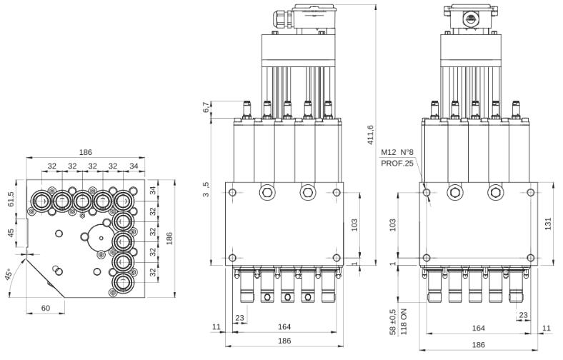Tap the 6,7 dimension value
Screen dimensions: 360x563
(207, 108)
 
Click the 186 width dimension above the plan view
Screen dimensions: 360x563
(86, 154)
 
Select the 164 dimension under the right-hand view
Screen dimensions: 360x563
(479, 329)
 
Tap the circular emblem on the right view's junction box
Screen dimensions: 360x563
(472, 16)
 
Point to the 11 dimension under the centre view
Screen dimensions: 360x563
(217, 328)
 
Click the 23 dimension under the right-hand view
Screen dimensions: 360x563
(524, 314)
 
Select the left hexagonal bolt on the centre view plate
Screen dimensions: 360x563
(266, 191)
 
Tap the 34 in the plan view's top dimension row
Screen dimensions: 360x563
(133, 166)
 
